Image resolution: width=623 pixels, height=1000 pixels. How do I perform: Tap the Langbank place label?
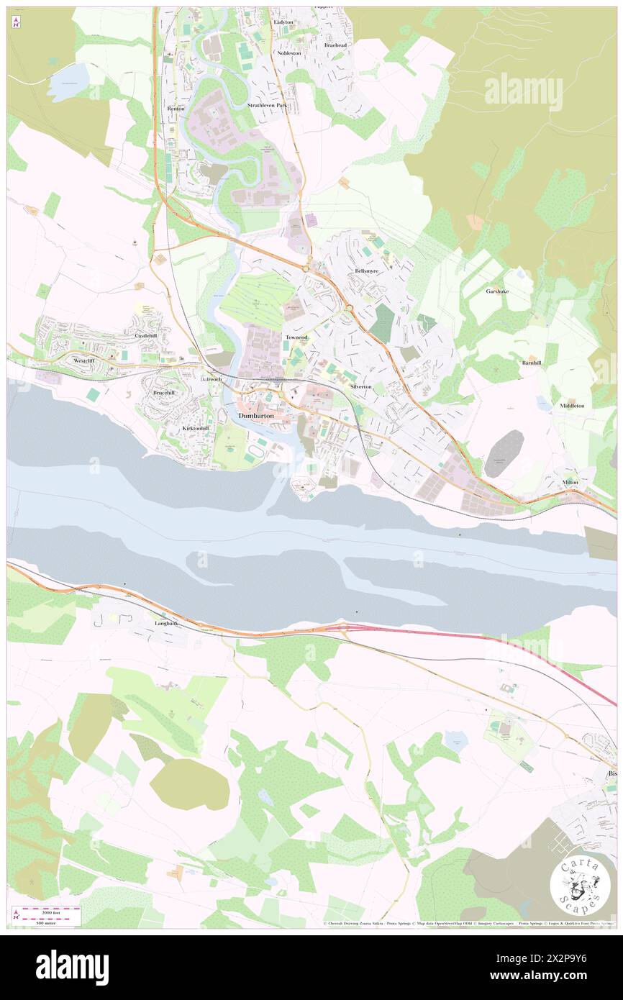click(166, 623)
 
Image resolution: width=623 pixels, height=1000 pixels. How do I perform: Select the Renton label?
click(176, 109)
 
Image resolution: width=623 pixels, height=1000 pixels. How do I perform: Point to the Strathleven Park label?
click(267, 106)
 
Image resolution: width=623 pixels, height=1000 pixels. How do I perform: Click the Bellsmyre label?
click(372, 271)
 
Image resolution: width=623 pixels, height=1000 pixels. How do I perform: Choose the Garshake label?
click(497, 291)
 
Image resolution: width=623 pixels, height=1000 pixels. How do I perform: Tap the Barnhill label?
click(532, 363)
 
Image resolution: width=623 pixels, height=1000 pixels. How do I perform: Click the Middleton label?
click(572, 406)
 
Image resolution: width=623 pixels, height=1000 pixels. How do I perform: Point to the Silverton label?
click(361, 386)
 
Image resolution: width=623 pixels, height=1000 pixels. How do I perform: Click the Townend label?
click(296, 337)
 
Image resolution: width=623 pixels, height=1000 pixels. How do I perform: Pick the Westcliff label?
click(83, 360)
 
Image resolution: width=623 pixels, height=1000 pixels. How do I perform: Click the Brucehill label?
click(164, 393)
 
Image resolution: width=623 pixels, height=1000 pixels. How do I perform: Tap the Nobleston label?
click(289, 53)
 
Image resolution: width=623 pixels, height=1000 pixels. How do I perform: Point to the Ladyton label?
click(284, 22)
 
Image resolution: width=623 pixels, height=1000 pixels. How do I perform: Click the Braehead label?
click(335, 45)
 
